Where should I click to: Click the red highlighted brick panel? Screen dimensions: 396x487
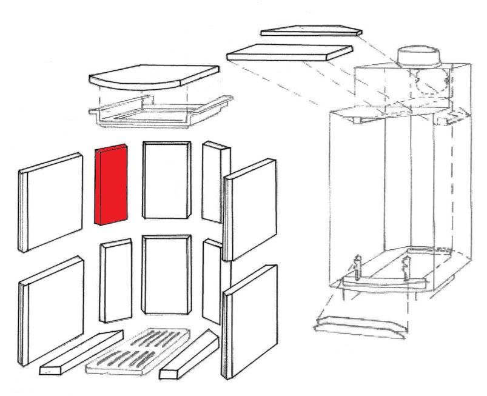click(x=111, y=185)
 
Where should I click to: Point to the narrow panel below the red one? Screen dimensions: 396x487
click(x=116, y=280)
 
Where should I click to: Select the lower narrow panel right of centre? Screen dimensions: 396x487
click(x=212, y=281)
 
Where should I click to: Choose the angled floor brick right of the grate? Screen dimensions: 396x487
click(x=189, y=357)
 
